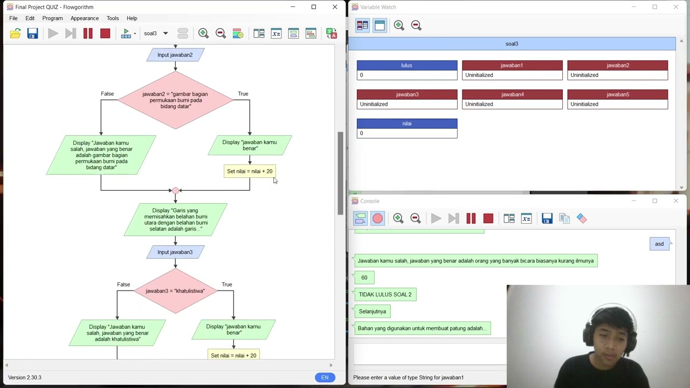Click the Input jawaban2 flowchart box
(x=175, y=55)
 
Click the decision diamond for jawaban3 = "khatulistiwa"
(x=175, y=291)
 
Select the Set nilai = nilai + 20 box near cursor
(x=250, y=171)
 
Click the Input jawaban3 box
(x=175, y=252)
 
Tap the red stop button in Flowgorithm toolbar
(x=105, y=33)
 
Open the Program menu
(x=52, y=18)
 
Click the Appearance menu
(x=85, y=18)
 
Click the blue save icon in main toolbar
(x=32, y=33)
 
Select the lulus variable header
(x=406, y=65)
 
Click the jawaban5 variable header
(x=617, y=94)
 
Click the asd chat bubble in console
(x=659, y=244)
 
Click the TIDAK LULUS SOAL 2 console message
(x=385, y=294)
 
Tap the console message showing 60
(x=364, y=278)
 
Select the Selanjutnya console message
(x=372, y=311)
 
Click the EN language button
(x=325, y=377)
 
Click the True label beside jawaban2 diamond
(x=243, y=94)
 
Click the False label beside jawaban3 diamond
(x=123, y=285)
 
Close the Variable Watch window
(x=675, y=7)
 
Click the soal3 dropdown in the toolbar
(x=156, y=33)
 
